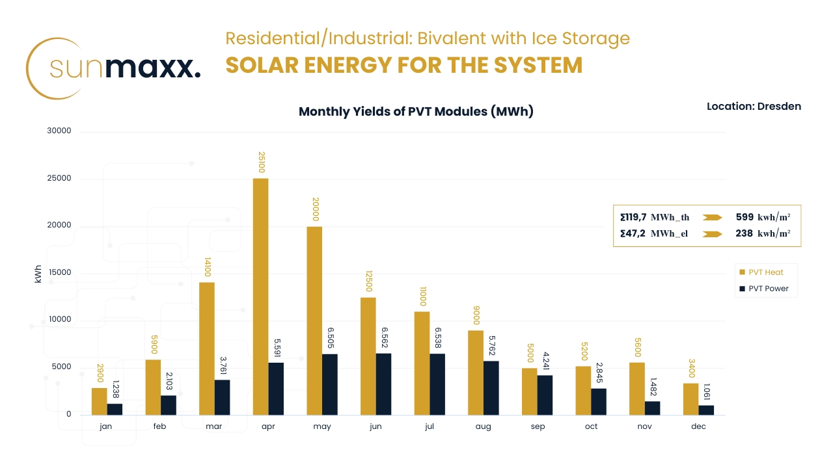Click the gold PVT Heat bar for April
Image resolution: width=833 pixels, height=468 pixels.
click(x=260, y=296)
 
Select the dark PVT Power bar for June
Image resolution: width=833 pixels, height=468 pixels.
click(x=383, y=384)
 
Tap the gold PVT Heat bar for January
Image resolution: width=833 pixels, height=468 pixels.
click(x=99, y=401)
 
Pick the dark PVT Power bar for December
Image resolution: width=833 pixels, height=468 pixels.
click(x=706, y=410)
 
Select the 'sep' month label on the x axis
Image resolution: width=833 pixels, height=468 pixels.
click(x=537, y=427)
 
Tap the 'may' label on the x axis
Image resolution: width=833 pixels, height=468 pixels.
click(x=322, y=427)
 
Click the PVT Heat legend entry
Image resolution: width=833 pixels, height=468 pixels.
click(x=761, y=272)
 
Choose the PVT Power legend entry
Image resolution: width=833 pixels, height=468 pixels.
click(x=763, y=289)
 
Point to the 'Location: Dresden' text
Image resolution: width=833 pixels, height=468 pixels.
click(x=754, y=106)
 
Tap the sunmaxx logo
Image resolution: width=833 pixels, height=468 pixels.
click(x=114, y=68)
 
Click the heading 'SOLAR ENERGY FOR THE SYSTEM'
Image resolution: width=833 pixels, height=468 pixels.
click(x=403, y=66)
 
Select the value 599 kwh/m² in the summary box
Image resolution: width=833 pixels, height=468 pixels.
click(x=763, y=218)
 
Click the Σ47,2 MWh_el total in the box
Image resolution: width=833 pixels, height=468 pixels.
click(x=653, y=234)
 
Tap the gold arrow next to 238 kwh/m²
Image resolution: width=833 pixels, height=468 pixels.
click(x=713, y=234)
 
